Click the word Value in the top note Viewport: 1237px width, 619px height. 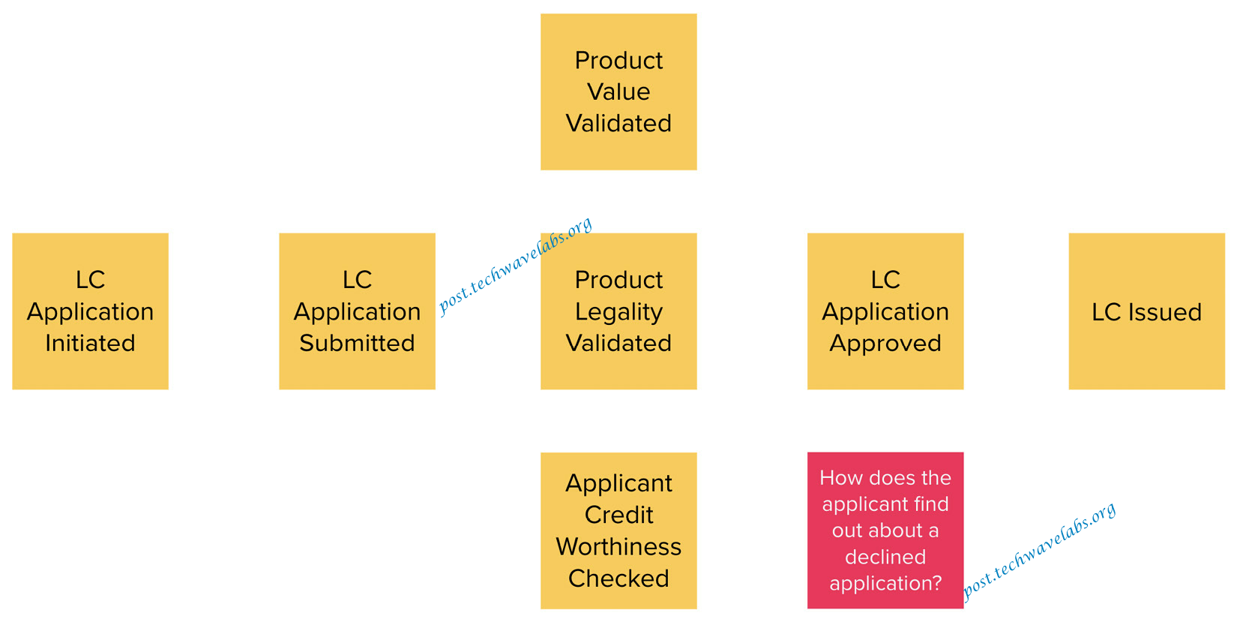pos(618,92)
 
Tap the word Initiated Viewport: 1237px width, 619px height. pos(91,343)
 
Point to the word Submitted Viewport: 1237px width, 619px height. pos(358,343)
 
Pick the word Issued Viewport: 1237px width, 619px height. pos(1165,312)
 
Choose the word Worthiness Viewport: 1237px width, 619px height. pos(618,547)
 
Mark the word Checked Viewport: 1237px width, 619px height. pos(618,578)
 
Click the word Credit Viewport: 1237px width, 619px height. pos(618,515)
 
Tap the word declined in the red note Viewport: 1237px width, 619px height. pos(885,557)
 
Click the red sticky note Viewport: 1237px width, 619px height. pos(885,530)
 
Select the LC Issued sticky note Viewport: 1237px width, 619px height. pos(1146,311)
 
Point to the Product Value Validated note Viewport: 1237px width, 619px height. pos(618,92)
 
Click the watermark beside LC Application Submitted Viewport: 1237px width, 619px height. pos(515,266)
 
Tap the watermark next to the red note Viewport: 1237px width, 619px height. pos(1039,551)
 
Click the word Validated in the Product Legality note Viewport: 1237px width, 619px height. pos(618,343)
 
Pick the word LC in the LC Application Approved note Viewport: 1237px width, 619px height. pos(885,280)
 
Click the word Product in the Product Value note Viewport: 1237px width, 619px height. pos(618,60)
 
